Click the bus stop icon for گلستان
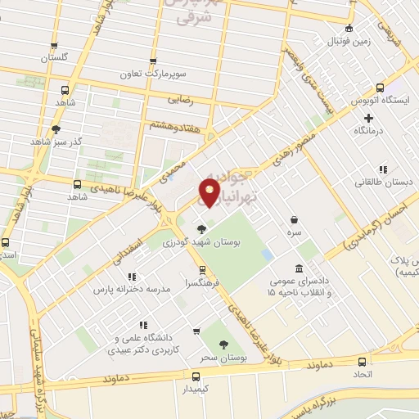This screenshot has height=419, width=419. click(x=54, y=47)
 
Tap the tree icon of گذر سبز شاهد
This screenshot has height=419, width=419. click(x=56, y=128)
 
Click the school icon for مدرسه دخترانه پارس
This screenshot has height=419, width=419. click(x=132, y=277)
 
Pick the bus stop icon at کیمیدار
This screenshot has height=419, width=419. click(x=195, y=376)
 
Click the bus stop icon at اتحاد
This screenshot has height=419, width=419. click(x=363, y=361)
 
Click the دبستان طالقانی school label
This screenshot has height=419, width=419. click(x=383, y=185)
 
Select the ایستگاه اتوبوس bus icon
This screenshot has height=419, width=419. click(x=379, y=88)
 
